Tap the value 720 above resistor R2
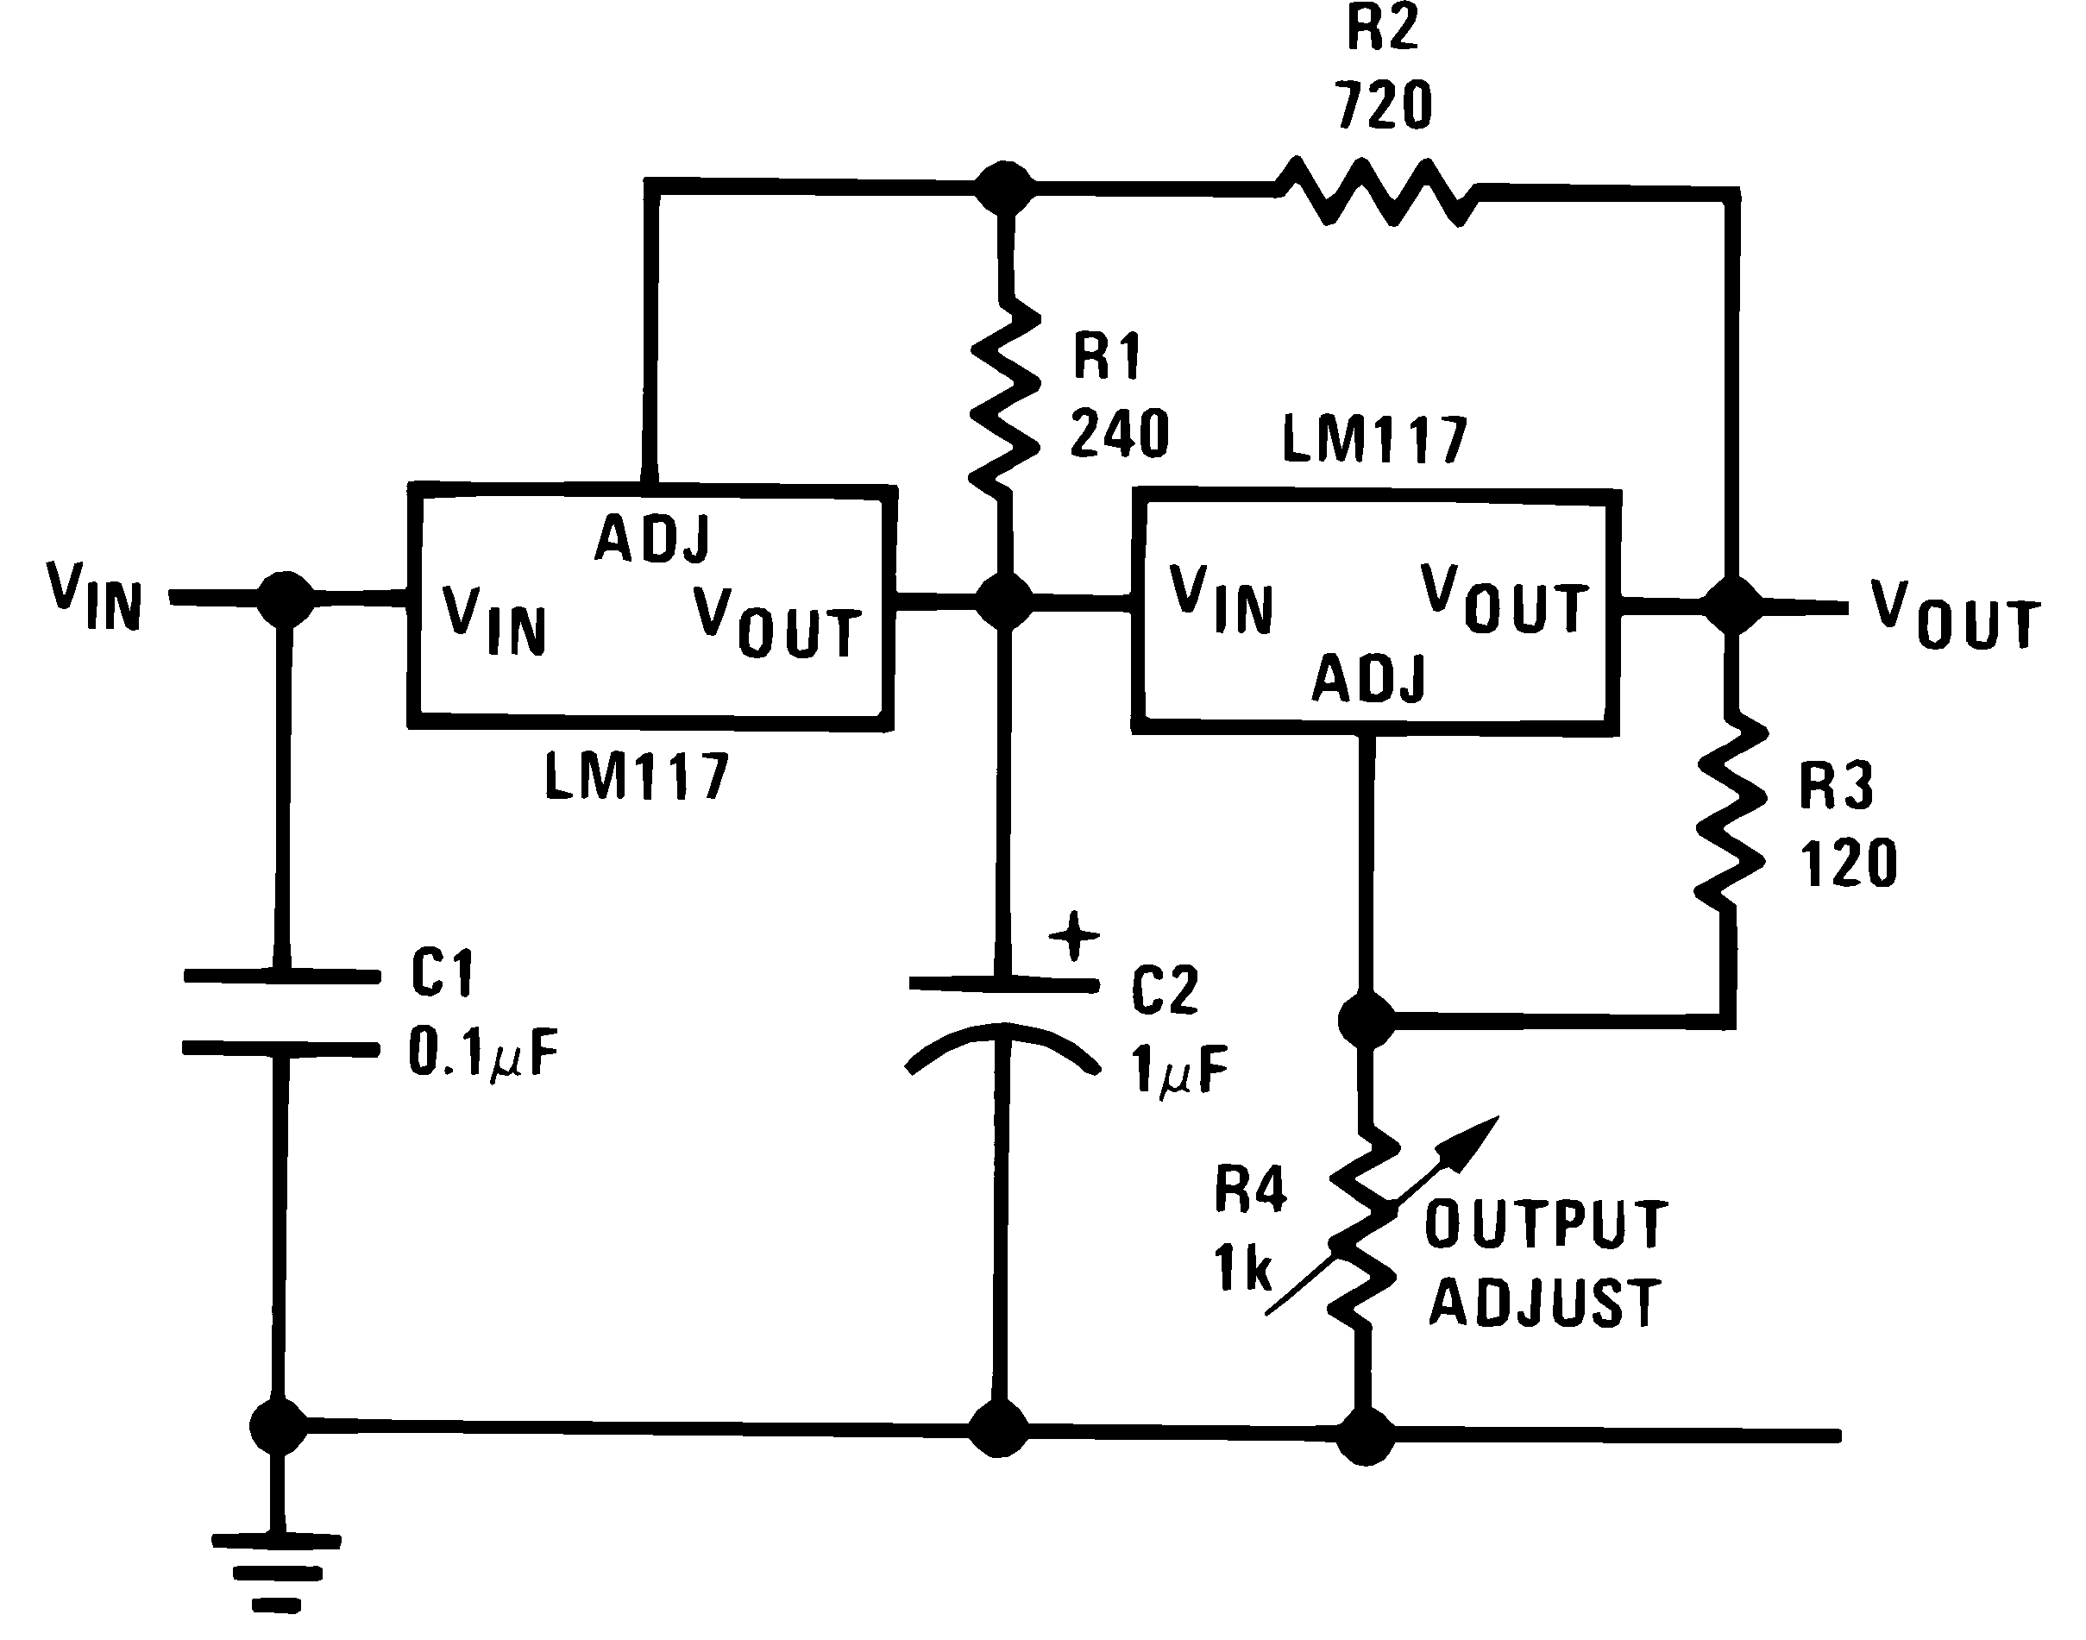(x=1383, y=105)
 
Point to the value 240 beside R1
(x=1119, y=434)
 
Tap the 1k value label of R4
(x=1243, y=1268)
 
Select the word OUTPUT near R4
(x=1546, y=1225)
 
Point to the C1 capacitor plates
(x=281, y=1013)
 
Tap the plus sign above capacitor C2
(x=1074, y=935)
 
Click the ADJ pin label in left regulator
(x=653, y=537)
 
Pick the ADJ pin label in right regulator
(x=1370, y=678)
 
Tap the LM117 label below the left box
(x=638, y=776)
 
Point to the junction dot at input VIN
(x=286, y=600)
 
